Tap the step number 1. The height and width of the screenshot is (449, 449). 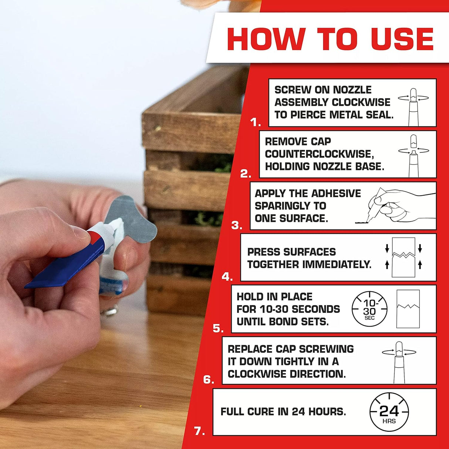[x=255, y=122]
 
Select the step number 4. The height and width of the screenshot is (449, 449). [x=227, y=277]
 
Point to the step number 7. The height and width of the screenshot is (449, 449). [x=199, y=431]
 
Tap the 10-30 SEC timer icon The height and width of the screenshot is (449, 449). [x=369, y=309]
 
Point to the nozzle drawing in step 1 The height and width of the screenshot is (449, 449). [x=413, y=104]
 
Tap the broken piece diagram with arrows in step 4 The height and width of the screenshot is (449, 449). [x=403, y=257]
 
